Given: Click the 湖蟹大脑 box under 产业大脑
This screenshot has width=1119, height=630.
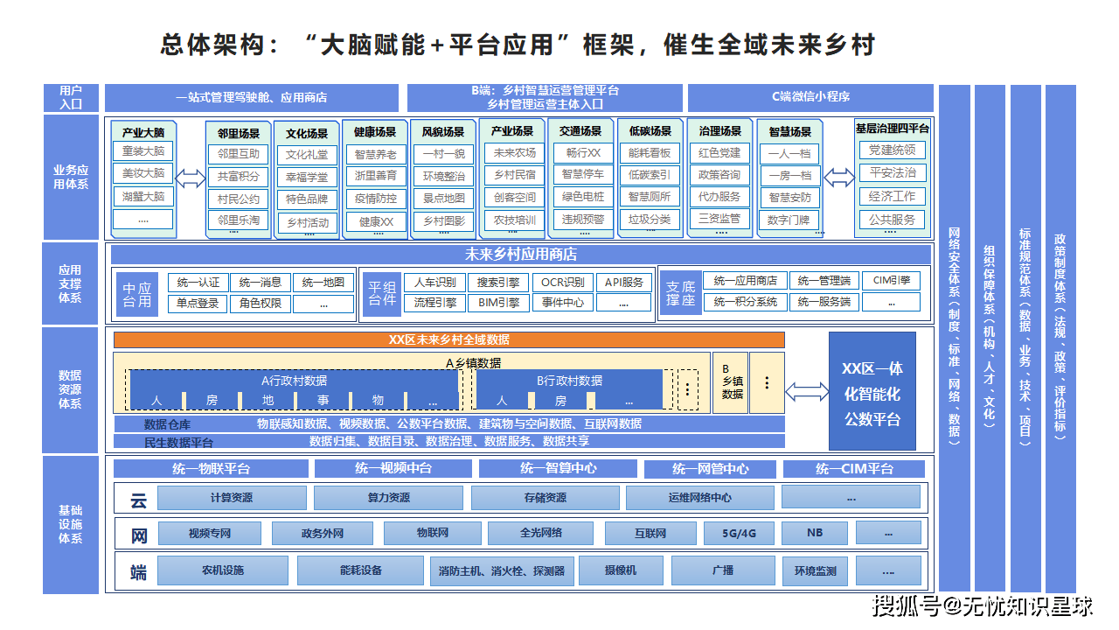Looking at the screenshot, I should (143, 196).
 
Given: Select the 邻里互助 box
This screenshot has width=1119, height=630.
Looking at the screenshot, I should (239, 154).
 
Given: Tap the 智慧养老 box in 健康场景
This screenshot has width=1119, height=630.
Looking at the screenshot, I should (376, 154).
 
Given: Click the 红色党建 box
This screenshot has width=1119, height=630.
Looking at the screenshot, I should (719, 152).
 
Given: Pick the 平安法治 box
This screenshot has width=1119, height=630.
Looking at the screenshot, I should (892, 172).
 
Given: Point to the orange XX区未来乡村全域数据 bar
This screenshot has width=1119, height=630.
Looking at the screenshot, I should (448, 339).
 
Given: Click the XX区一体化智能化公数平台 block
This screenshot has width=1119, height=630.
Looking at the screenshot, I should (872, 391).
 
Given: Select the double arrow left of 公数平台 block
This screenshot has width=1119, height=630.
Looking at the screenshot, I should (808, 391).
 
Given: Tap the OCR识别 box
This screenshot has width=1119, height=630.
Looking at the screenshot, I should (562, 283).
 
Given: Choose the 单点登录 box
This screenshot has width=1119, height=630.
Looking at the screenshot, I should (198, 304).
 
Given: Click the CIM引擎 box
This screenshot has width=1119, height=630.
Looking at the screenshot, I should (891, 281).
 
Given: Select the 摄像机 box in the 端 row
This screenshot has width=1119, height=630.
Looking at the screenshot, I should (621, 571).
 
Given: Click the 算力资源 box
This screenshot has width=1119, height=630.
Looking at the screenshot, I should (388, 498).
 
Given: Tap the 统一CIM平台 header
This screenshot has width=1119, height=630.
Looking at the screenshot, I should (854, 469).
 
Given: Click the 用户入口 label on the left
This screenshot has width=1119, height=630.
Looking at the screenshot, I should (71, 97).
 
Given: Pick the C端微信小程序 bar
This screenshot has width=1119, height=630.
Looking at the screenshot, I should (810, 97).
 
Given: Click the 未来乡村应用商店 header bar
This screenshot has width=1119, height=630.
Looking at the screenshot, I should (520, 255).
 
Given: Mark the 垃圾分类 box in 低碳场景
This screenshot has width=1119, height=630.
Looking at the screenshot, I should (650, 219).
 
